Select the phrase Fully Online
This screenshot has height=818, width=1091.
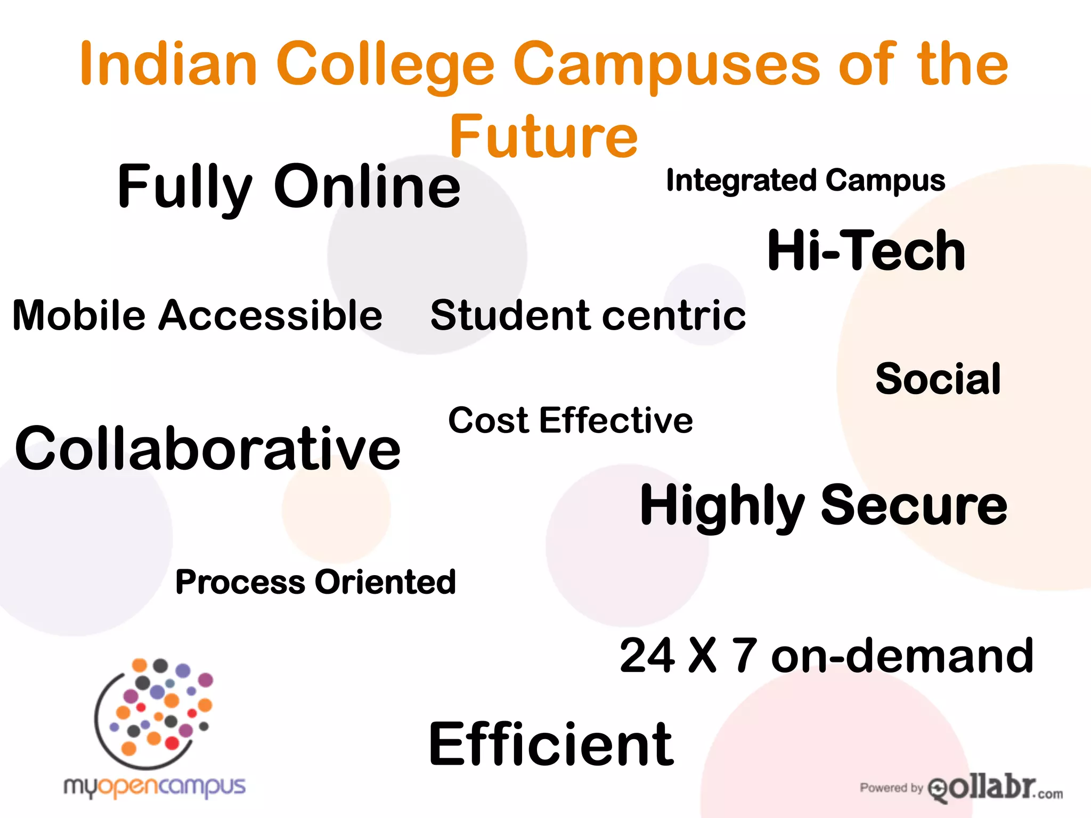(289, 187)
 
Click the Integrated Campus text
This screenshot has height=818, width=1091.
(805, 181)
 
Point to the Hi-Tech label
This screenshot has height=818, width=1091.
(866, 250)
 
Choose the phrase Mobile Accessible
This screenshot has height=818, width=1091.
(197, 315)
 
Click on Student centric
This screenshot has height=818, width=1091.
(588, 315)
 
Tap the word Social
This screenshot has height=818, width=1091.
(938, 379)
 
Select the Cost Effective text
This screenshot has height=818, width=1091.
(571, 420)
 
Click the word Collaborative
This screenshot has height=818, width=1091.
(208, 448)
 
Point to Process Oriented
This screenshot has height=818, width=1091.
(315, 582)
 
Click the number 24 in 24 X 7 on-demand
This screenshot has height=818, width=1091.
(647, 656)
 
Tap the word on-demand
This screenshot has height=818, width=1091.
(902, 656)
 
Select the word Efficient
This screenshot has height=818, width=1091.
(551, 744)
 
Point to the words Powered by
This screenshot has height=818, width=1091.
(891, 788)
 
